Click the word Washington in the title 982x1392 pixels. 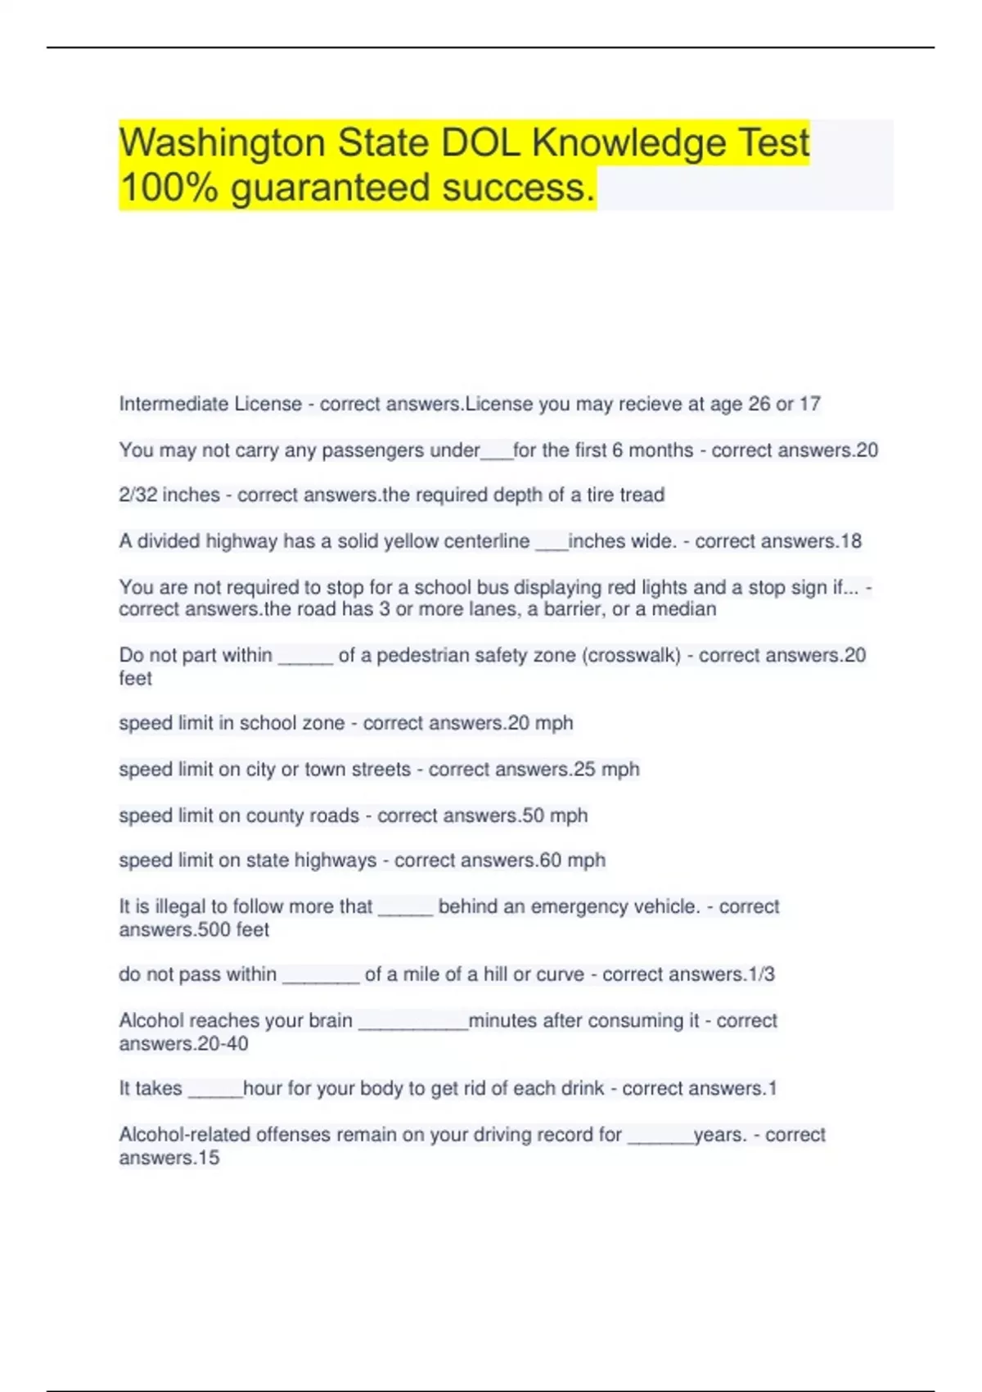click(222, 143)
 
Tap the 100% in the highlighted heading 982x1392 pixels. click(169, 188)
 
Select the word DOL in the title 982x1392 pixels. click(481, 143)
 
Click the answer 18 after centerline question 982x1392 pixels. click(851, 541)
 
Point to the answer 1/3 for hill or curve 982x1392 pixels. click(761, 974)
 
